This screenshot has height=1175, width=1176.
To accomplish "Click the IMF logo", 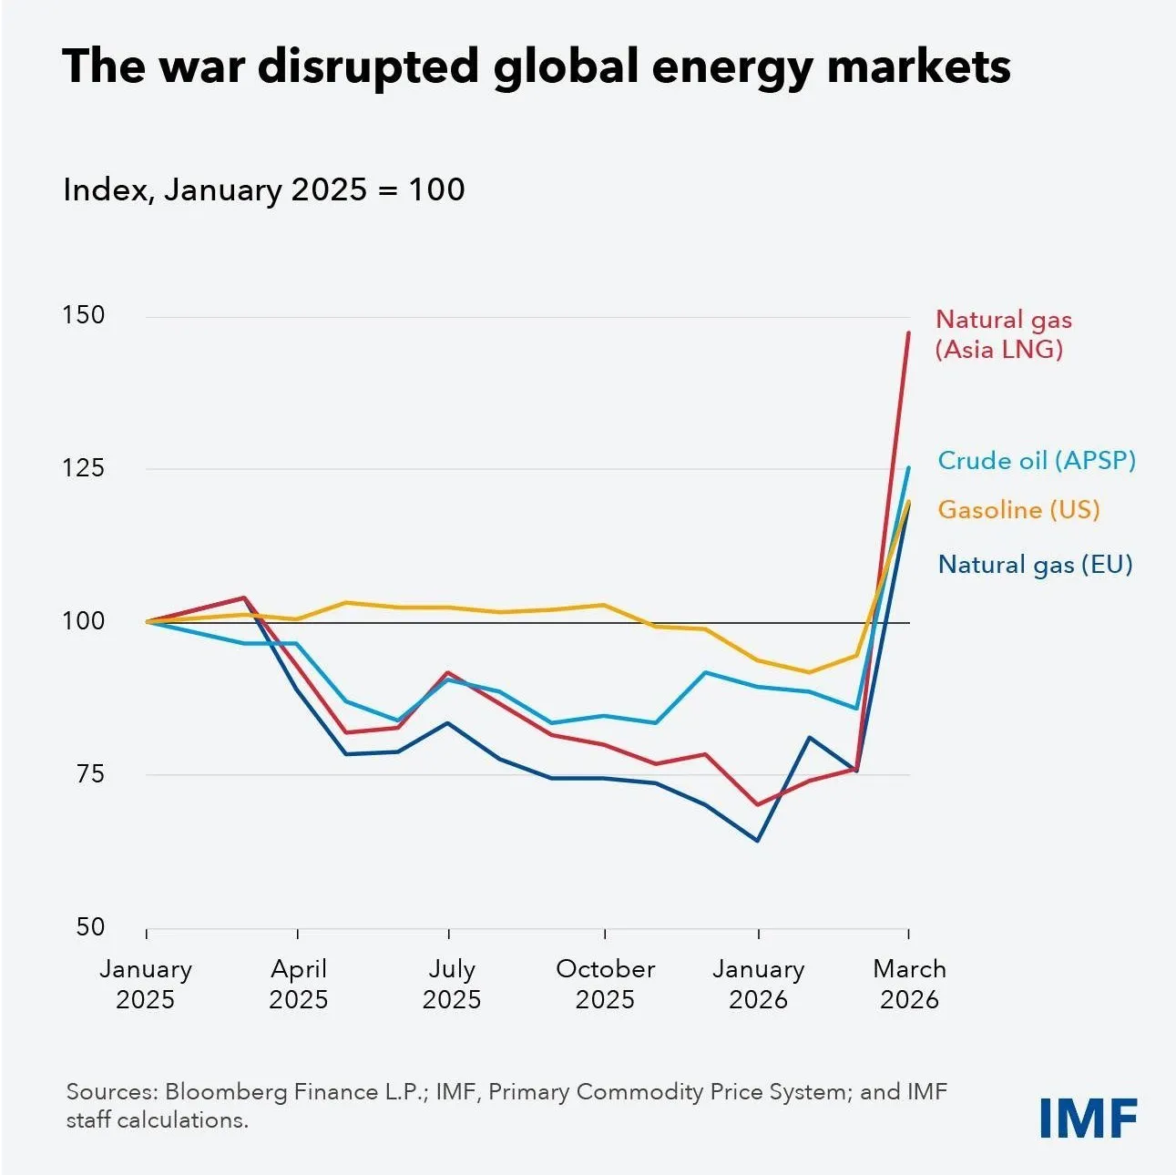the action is point(1089,1117).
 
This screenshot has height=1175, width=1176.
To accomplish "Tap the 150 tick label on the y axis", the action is point(84,315).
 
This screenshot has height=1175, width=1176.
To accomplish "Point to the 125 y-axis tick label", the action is point(84,468).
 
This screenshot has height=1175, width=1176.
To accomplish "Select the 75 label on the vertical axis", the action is point(91,774).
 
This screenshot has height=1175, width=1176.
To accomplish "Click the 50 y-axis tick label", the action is point(91,926).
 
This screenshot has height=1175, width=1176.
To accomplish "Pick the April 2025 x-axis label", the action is point(299,984).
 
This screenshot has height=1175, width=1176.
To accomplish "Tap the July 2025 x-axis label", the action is point(452,984).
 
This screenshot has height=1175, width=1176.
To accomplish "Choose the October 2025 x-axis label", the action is point(605,984).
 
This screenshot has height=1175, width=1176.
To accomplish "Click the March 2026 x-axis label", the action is point(909,984).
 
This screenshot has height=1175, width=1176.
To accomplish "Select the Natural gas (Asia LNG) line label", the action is point(1003,334).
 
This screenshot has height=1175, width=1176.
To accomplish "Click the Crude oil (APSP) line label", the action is point(1037,460).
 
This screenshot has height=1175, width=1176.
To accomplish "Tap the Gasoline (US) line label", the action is point(1018,510).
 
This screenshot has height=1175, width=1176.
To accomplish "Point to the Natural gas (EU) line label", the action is point(1035,565).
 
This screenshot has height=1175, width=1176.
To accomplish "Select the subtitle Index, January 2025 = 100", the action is point(263,189).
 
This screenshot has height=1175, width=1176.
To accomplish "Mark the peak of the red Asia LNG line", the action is point(909,332).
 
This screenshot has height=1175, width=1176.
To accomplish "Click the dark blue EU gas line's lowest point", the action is point(758,841).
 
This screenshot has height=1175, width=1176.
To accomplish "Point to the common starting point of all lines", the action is point(147,621).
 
